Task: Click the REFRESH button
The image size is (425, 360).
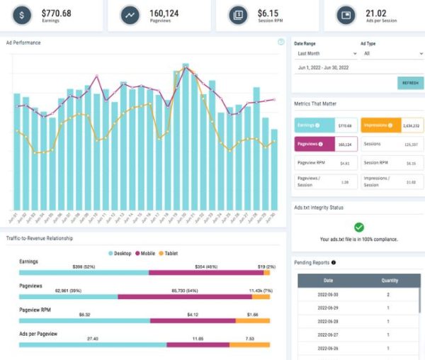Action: tap(410, 83)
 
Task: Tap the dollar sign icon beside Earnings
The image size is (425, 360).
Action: tap(23, 15)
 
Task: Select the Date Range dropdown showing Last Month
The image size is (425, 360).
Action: tap(322, 53)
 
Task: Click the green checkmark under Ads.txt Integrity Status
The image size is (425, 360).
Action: tap(359, 227)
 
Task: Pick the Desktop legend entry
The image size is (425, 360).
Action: tap(123, 253)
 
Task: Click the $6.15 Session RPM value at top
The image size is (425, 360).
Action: tap(267, 11)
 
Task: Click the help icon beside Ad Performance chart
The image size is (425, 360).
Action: tap(281, 42)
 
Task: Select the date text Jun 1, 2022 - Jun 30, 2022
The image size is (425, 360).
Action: tap(324, 67)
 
